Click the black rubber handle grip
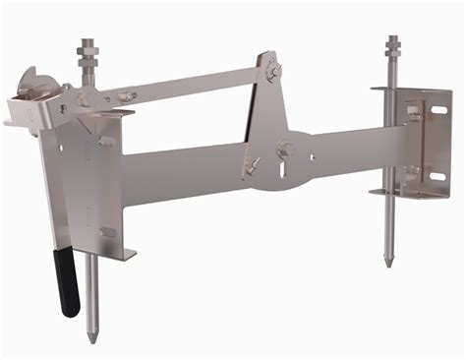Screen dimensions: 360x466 [x=67, y=286]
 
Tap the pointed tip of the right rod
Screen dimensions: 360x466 [x=389, y=264]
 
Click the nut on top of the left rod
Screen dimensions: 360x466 [x=83, y=46]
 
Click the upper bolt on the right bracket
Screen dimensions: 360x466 [x=414, y=117]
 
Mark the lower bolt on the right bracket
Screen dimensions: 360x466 [x=414, y=171]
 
